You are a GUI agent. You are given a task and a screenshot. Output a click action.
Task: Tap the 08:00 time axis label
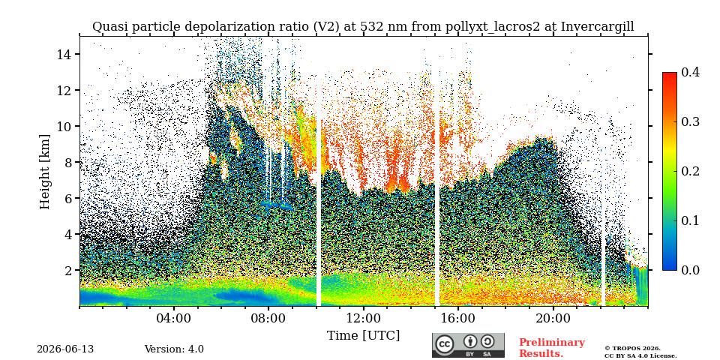coord(268,318)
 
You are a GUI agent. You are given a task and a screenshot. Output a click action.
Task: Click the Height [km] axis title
coord(44,171)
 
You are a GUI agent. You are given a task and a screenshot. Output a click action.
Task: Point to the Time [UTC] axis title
coord(363,336)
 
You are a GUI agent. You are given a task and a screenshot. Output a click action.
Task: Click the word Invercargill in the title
coord(598,27)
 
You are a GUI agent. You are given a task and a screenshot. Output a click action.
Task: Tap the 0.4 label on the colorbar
coord(690,72)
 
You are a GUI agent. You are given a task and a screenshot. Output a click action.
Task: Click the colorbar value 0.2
coord(690,171)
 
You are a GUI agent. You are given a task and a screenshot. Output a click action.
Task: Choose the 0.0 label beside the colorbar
coord(690,270)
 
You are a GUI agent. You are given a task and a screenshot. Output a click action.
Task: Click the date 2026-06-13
coord(65,349)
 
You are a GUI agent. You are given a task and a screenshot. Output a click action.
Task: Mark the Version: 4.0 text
coord(174,349)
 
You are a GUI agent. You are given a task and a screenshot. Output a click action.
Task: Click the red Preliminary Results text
coord(552,348)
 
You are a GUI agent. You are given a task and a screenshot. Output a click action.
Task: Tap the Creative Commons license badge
coord(468,345)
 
